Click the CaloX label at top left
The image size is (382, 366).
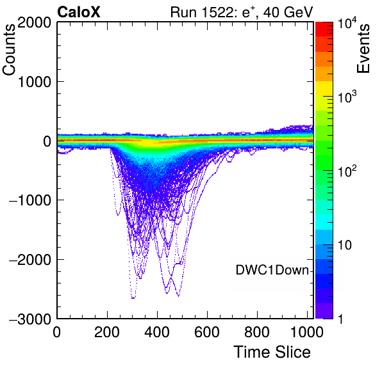pos(79,12)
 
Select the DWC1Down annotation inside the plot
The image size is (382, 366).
pos(272,270)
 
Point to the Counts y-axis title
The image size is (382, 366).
pos(9,50)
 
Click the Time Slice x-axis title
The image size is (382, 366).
pos(272,352)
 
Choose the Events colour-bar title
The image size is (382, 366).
pos(363,49)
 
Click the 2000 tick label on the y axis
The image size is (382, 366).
pos(34,23)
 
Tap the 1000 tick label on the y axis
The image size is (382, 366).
pos(34,82)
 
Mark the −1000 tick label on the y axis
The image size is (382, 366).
pos(30,200)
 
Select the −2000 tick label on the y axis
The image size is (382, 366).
pos(30,260)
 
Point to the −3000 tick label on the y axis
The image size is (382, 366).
pos(30,319)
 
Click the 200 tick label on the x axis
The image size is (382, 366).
pos(107,331)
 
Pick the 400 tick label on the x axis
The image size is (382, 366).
pos(157,331)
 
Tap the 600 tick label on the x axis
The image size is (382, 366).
pos(207,331)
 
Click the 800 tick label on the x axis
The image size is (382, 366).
pos(257,331)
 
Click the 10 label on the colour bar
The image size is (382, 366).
pos(345,245)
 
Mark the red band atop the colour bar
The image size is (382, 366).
pos(324,29)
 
